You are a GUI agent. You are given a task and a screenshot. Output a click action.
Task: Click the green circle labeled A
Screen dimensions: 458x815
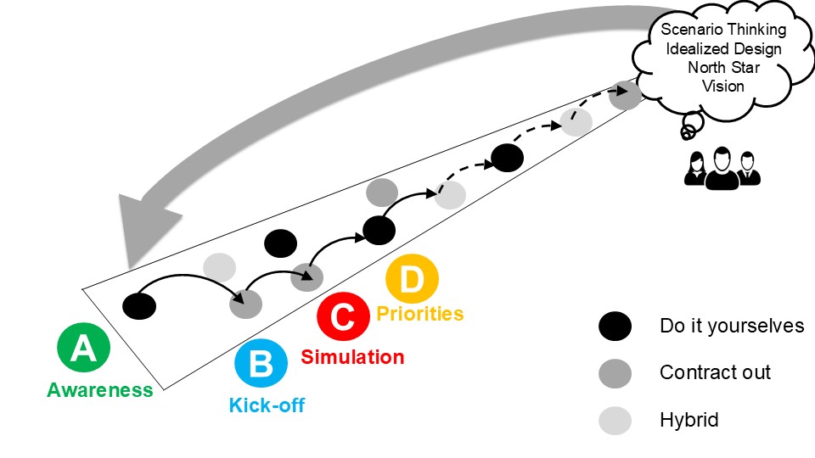(83, 349)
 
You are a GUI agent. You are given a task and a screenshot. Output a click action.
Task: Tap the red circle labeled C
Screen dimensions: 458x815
(342, 318)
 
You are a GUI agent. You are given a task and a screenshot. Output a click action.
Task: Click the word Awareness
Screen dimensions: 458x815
(100, 390)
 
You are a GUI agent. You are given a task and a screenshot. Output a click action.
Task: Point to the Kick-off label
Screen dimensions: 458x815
(267, 405)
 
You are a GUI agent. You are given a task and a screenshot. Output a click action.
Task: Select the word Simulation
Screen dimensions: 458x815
(352, 357)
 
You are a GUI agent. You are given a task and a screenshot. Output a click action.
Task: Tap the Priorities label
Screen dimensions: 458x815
(420, 314)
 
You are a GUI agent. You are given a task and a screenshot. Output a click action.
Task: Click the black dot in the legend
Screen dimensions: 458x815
(615, 326)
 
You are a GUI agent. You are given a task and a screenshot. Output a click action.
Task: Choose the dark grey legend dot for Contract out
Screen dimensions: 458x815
(615, 372)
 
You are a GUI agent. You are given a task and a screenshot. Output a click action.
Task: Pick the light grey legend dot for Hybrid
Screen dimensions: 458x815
(615, 419)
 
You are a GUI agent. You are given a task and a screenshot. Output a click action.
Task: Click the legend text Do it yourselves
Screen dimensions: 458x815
(731, 326)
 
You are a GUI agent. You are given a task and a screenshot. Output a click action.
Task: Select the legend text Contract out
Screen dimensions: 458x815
(715, 372)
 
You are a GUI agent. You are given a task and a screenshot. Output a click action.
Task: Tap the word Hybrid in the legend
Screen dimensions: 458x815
(689, 419)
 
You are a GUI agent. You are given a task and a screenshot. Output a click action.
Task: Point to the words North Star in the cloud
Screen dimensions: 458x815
(723, 67)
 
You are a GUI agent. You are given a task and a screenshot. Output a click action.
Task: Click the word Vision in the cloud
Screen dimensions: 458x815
(723, 86)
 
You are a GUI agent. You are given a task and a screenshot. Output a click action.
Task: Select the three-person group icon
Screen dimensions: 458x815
(722, 166)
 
